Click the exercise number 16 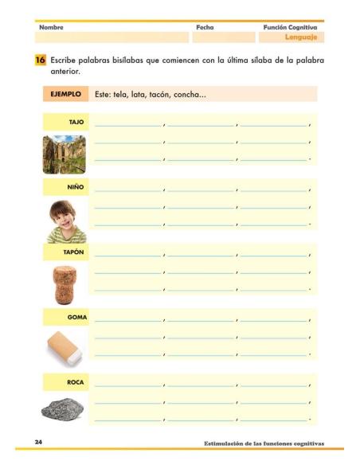(40, 61)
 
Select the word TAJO (75, 122)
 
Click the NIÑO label (75, 187)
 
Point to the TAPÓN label (73, 252)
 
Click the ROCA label (76, 382)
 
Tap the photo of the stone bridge (64, 154)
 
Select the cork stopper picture (65, 284)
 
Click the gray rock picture (63, 409)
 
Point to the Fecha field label (205, 27)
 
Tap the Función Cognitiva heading (294, 27)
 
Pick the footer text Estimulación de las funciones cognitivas (264, 443)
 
